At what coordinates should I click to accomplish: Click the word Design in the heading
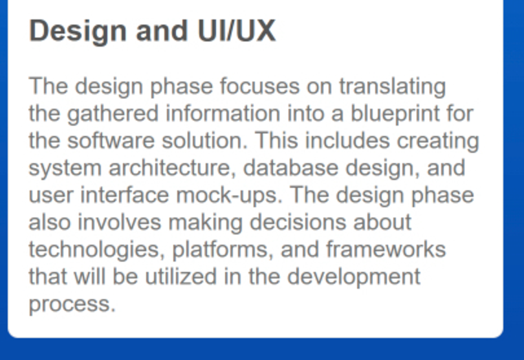[78, 32]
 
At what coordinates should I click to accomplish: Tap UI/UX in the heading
[237, 31]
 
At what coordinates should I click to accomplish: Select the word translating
[392, 87]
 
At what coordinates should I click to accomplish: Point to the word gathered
[113, 114]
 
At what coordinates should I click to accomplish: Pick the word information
[223, 113]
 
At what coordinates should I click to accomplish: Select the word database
[290, 168]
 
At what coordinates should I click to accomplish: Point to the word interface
[125, 195]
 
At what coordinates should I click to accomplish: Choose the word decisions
[298, 223]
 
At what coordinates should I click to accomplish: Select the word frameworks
[386, 249]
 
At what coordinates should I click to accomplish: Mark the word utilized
[180, 276]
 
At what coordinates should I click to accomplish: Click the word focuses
[260, 86]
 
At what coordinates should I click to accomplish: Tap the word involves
[120, 223]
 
